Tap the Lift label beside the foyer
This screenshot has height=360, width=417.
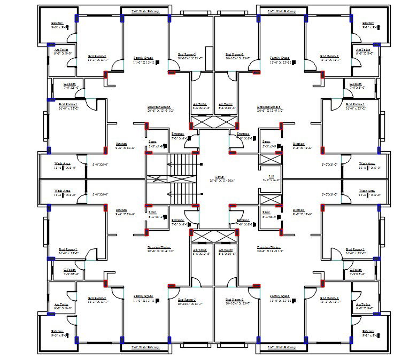[271, 176]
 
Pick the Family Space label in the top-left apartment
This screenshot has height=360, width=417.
[144, 58]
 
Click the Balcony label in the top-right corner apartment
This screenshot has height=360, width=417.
[368, 23]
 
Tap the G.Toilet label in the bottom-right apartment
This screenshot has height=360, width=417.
[356, 270]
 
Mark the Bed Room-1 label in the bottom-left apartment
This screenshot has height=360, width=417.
[68, 249]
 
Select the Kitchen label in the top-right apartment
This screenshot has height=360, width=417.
[298, 144]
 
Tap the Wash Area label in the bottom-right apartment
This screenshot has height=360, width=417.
[367, 190]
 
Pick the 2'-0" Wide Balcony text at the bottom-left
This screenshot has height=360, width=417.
[145, 347]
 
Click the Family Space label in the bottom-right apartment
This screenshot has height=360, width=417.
[279, 296]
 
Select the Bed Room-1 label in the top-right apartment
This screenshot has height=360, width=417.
[355, 105]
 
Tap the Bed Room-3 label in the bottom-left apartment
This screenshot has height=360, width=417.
[187, 299]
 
